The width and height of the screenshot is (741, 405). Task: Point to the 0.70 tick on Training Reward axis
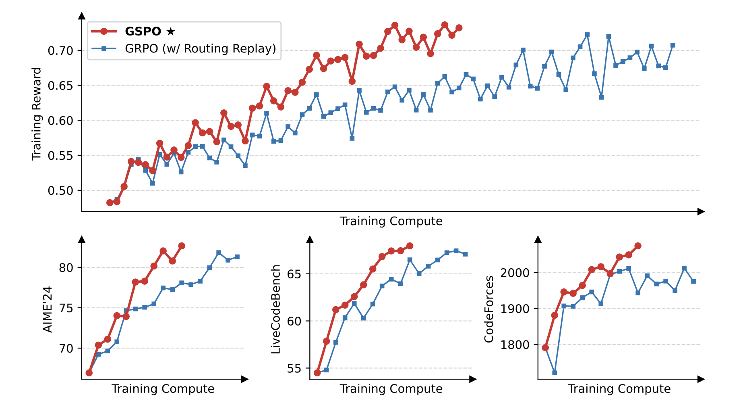tap(60, 51)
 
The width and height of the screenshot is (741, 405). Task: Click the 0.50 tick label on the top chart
tap(60, 191)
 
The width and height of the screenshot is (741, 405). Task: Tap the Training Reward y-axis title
tap(37, 114)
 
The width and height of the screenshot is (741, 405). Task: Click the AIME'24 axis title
tap(48, 309)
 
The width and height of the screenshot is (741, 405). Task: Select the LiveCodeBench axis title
tap(276, 309)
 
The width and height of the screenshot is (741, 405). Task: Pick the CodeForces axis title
tap(489, 309)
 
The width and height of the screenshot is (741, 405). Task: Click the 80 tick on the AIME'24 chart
tap(66, 268)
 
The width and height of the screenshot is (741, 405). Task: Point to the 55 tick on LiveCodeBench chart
tap(294, 369)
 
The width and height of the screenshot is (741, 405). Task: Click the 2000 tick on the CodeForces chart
tap(515, 273)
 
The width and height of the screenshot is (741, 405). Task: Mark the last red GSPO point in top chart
tap(459, 28)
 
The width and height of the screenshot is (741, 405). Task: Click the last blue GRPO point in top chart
tap(673, 45)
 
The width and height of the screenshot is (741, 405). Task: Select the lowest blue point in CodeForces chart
tap(555, 373)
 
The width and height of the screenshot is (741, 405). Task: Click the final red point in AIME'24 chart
tap(182, 246)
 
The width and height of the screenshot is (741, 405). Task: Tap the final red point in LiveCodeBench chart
tap(410, 246)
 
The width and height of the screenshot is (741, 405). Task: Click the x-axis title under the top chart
tap(391, 221)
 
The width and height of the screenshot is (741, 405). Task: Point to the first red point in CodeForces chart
tap(545, 348)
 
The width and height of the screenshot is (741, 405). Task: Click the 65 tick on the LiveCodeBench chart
tap(294, 274)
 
